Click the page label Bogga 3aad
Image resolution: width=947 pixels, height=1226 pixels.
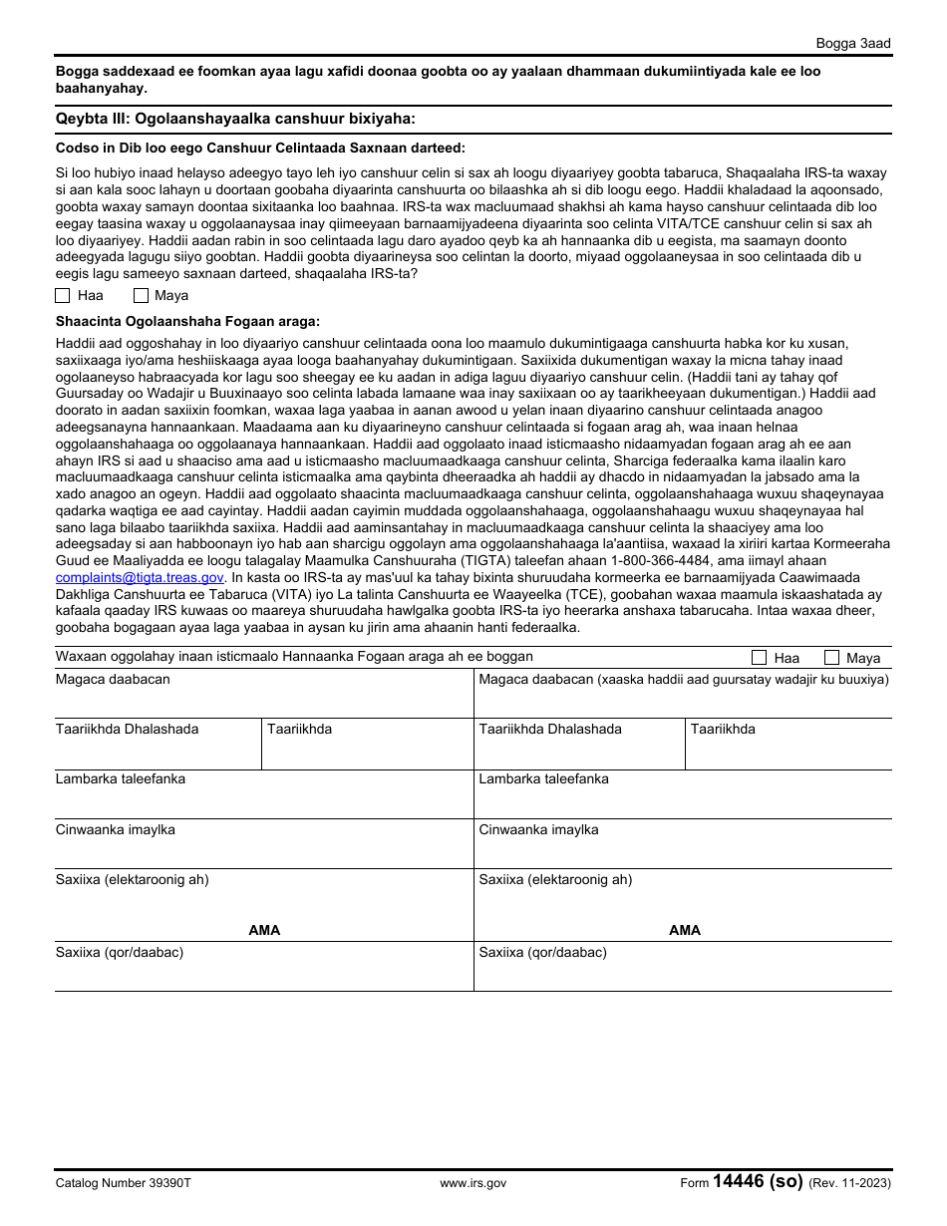tap(852, 43)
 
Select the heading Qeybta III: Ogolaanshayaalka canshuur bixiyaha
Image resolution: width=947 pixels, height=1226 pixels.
tap(235, 119)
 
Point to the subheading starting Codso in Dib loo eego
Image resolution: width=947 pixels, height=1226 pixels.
tap(260, 148)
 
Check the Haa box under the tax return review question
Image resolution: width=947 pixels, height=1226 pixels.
tap(63, 295)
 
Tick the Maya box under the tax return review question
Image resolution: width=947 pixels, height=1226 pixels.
tap(141, 295)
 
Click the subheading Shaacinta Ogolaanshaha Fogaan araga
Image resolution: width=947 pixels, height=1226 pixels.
tap(187, 321)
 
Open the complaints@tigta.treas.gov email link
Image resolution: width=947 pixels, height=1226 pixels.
tap(140, 577)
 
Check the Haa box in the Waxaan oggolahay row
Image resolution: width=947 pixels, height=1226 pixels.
tap(759, 658)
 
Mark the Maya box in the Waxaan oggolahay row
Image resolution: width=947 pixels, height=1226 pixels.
tap(832, 658)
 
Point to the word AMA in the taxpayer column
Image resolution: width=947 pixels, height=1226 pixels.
tap(264, 930)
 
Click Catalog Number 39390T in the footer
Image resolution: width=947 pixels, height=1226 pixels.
tap(123, 1183)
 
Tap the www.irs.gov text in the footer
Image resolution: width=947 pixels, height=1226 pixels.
tap(473, 1183)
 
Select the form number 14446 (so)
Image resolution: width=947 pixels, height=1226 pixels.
tap(758, 1182)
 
